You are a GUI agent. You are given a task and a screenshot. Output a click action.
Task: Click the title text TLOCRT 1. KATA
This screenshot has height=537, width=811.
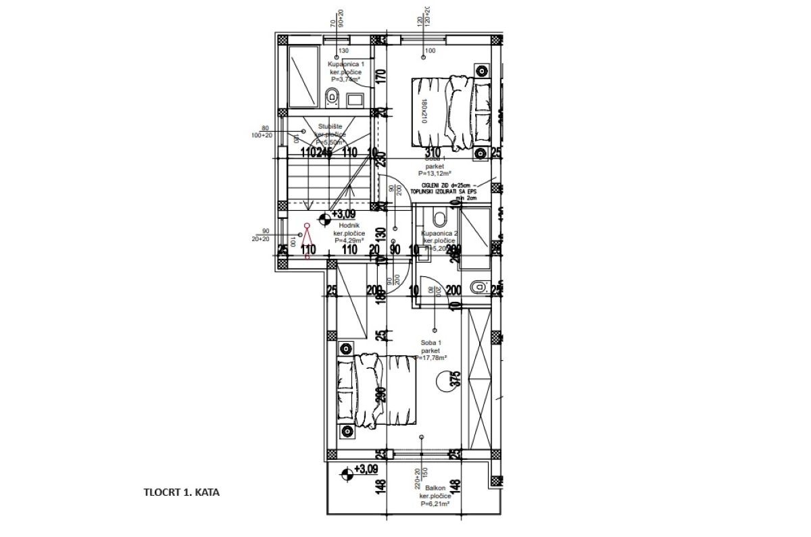click(181, 493)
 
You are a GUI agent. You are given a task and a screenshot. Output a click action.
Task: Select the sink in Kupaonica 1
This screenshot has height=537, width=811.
click(355, 99)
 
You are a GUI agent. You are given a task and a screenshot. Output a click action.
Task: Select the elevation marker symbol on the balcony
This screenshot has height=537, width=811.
click(347, 474)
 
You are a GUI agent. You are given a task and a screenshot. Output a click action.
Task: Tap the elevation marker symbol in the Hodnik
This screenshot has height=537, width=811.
click(324, 218)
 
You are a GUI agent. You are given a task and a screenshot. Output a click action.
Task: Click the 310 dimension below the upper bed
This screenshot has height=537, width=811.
click(433, 153)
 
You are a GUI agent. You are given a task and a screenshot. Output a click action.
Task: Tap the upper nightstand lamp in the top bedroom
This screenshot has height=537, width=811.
click(481, 71)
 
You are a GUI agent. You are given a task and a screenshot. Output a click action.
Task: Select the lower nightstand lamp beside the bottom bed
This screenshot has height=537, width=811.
click(346, 430)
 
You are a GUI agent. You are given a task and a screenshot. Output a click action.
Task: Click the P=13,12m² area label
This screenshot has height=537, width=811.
click(434, 172)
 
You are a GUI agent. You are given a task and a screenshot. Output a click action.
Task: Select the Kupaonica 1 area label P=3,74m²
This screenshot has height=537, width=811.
click(346, 79)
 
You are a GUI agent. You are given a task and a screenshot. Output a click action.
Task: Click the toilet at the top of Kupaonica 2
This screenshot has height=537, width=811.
click(439, 219)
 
